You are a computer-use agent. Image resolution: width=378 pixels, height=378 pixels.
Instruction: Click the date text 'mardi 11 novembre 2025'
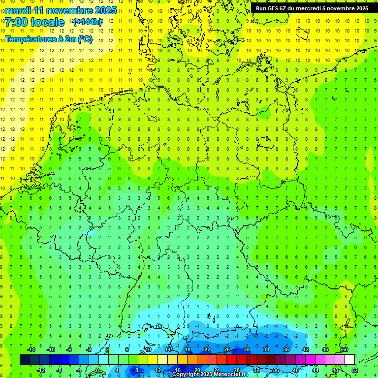(61, 10)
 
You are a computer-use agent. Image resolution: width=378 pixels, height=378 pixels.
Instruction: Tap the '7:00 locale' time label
(34, 22)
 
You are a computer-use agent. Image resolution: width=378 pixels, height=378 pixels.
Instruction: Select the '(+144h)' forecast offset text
(88, 22)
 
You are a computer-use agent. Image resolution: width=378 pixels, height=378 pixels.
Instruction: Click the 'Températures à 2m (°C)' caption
(48, 39)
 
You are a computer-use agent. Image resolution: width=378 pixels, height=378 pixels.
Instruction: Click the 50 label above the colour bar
(345, 349)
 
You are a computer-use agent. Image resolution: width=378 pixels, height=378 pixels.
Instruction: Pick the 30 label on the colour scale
(246, 349)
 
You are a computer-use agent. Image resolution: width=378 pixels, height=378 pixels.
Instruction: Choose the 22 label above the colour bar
(207, 349)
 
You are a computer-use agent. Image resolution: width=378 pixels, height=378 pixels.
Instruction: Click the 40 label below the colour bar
(296, 370)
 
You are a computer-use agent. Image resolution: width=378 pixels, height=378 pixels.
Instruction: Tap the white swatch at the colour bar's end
(349, 359)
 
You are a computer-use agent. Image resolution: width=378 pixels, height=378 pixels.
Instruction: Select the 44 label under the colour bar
(315, 370)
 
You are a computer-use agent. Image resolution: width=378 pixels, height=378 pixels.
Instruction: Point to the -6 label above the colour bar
(69, 349)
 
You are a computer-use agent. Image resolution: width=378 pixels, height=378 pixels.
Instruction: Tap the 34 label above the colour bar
(266, 349)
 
